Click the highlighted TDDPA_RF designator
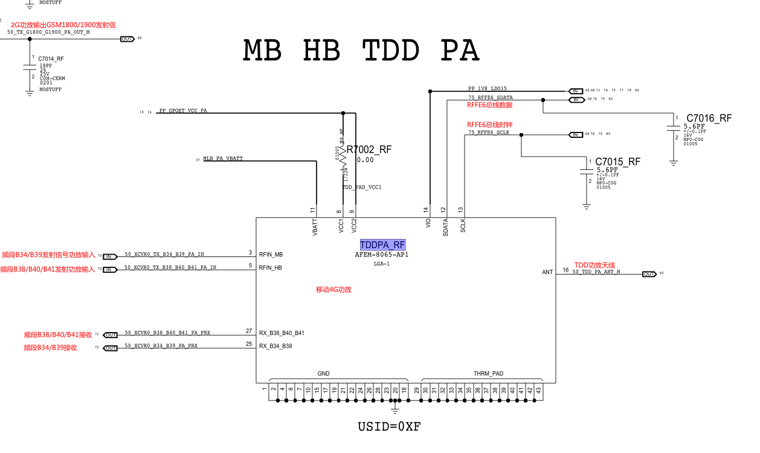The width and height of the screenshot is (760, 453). tap(382, 245)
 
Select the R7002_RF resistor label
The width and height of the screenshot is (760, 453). tap(369, 149)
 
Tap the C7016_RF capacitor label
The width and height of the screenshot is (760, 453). tap(709, 118)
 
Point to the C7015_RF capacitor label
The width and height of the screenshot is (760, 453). tap(617, 161)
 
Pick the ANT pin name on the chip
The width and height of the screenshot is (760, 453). tap(547, 272)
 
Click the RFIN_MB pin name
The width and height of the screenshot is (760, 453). tap(271, 255)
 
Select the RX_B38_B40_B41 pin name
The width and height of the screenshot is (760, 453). tap(282, 333)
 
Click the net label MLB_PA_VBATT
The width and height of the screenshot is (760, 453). tap(223, 158)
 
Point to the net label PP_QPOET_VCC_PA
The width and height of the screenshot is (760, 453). tap(182, 111)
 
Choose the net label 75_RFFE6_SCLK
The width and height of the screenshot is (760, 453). tap(489, 132)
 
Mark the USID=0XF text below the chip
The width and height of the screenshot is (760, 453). tap(389, 426)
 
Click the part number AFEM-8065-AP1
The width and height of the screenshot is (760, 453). tap(382, 255)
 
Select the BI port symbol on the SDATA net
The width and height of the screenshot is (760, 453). tap(575, 100)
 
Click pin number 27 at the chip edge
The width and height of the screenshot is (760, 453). tap(249, 331)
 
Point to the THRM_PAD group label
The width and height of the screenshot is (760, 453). tap(488, 374)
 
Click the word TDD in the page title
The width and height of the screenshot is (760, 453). tap(391, 51)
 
